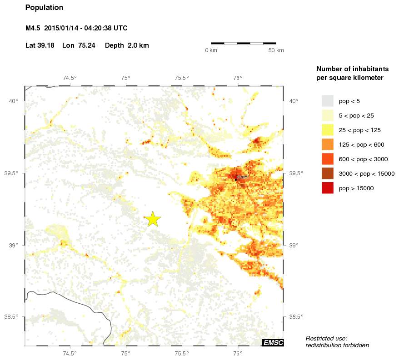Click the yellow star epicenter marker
[154, 219]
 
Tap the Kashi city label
[243, 177]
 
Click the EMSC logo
[273, 343]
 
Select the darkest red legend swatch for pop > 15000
[327, 188]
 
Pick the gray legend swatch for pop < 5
[327, 101]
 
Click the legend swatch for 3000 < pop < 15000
[327, 173]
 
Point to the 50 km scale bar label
[276, 50]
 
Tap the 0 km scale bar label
[211, 50]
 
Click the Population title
[44, 8]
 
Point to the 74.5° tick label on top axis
[70, 78]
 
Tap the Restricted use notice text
[337, 342]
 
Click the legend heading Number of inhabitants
[352, 69]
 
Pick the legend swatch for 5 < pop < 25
[327, 115]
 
